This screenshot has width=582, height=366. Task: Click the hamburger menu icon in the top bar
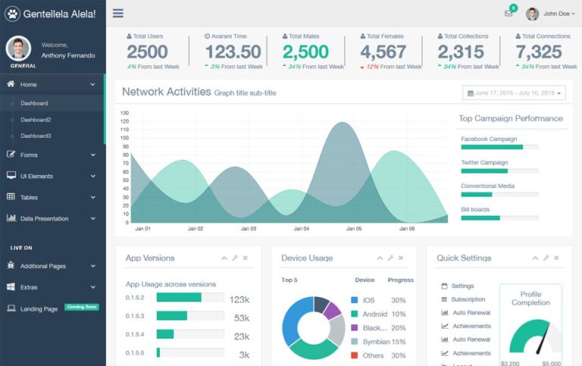[117, 13]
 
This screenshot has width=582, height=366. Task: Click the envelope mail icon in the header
[508, 14]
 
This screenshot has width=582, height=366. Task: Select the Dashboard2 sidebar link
[36, 120]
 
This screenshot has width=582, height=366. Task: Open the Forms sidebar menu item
[29, 155]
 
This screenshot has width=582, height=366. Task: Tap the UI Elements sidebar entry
[36, 176]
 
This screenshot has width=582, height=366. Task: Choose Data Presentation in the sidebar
[44, 218]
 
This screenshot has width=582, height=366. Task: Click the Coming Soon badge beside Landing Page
[82, 307]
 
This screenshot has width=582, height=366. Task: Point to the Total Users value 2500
[147, 52]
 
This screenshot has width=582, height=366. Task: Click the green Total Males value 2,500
[305, 52]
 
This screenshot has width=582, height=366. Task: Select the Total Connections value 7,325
[539, 52]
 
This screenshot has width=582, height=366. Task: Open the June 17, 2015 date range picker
[514, 93]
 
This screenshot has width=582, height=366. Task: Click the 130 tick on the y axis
[124, 113]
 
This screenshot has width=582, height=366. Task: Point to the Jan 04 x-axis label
[302, 228]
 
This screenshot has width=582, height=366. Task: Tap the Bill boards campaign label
[475, 209]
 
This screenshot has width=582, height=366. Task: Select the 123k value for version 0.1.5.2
[239, 299]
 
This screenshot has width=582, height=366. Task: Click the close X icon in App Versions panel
[246, 258]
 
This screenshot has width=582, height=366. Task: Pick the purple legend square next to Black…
[355, 328]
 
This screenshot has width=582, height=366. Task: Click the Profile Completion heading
[530, 299]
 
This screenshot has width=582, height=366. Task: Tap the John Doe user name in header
[555, 14]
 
